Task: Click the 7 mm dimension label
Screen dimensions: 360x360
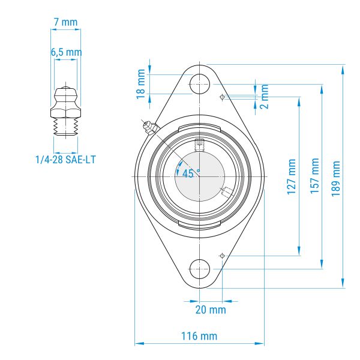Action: [65, 22]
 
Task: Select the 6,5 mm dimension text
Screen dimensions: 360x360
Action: [66, 52]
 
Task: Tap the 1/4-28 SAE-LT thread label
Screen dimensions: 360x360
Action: [65, 160]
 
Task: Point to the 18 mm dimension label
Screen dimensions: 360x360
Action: [141, 84]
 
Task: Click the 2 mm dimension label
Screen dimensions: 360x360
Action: [265, 96]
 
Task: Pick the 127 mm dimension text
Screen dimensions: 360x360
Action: [292, 176]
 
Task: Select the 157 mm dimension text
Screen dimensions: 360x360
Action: [315, 176]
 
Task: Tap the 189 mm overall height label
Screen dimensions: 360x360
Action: [335, 179]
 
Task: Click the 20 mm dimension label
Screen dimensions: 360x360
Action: [211, 310]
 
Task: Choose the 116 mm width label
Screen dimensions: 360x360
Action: [199, 336]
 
